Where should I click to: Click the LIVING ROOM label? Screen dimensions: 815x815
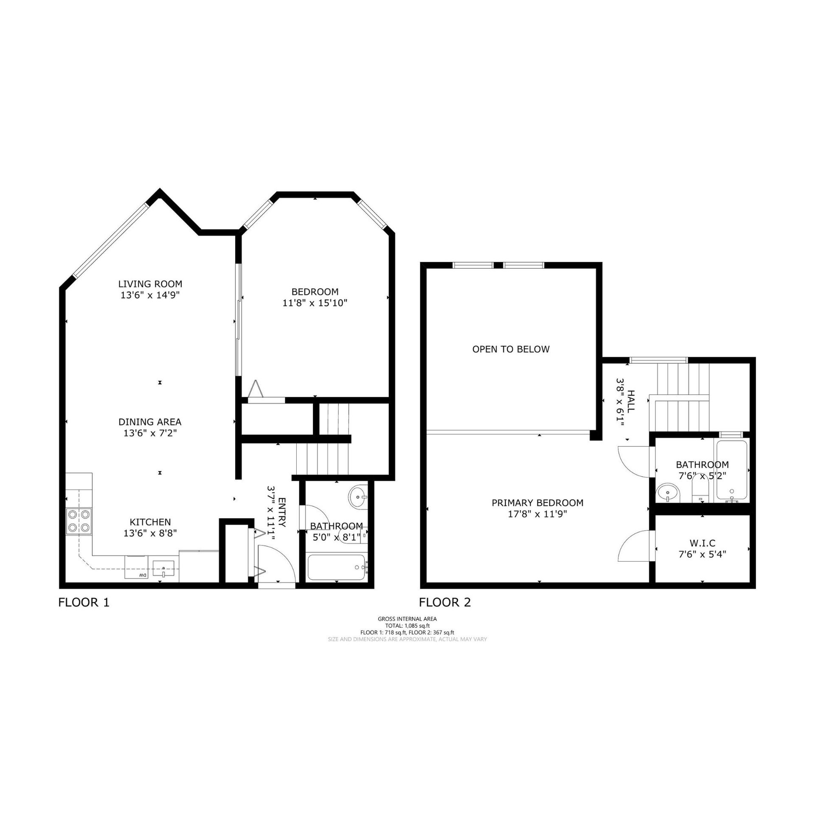click(150, 284)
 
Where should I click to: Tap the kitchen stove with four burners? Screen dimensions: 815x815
click(79, 521)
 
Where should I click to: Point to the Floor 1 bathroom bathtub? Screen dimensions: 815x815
click(337, 568)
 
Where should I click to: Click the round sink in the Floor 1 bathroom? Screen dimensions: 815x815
click(358, 496)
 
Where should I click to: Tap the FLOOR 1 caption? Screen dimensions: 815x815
click(84, 602)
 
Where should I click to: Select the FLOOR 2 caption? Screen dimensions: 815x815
click(445, 602)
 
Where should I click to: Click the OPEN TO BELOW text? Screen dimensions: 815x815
click(511, 349)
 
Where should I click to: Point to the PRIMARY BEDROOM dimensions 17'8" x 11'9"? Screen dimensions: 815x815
click(537, 514)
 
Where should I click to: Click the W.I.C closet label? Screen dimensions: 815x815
click(703, 543)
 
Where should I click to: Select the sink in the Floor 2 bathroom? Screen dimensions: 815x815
click(668, 493)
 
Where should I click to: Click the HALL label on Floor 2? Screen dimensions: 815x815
click(631, 401)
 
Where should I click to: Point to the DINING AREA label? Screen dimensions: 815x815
click(150, 422)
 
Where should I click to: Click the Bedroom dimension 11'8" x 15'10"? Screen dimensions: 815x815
click(315, 303)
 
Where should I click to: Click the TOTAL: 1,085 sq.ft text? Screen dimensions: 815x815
click(407, 626)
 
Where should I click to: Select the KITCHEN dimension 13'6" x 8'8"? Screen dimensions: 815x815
click(150, 533)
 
